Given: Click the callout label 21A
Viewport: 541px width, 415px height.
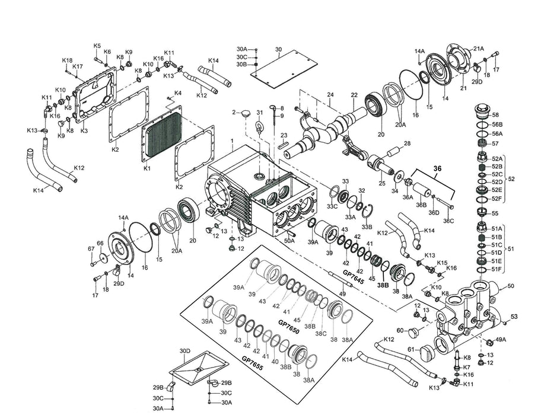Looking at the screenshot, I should pos(478,49).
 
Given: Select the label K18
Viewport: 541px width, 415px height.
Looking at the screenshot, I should pos(67,60).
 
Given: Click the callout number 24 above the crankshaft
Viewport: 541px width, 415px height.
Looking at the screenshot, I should pos(330,95).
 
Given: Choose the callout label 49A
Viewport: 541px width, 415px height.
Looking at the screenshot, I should pos(501,340).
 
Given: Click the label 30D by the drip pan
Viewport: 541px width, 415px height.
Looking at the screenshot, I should pos(185,351).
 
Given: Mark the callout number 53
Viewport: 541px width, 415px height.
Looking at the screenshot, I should pos(514,317).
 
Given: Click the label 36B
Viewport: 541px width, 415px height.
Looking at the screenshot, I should pos(421,205).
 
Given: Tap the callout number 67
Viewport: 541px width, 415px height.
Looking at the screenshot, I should pos(91,248).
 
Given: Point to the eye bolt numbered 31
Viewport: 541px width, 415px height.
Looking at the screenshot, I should pos(259,124).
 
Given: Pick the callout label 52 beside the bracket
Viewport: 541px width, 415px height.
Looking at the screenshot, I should pos(512,178).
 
